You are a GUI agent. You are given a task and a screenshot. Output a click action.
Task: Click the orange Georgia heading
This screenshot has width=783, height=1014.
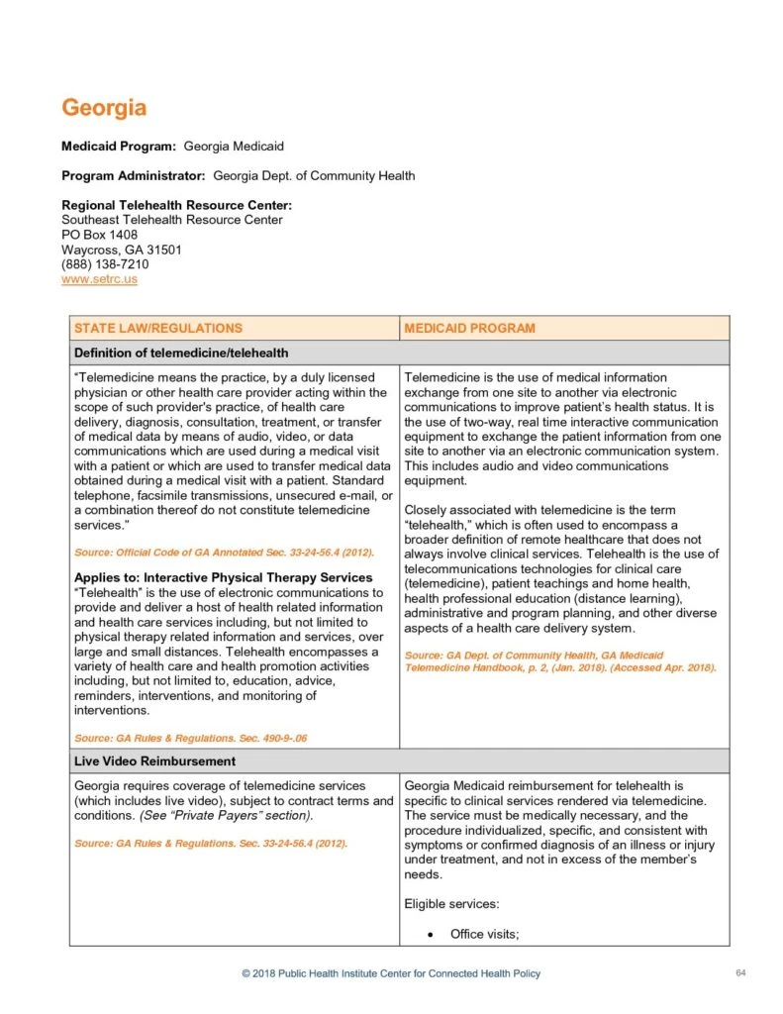point(104,107)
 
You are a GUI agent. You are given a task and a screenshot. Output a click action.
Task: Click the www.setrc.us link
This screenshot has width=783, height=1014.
point(99,280)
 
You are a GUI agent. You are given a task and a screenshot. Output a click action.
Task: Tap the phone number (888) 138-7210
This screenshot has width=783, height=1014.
point(105,264)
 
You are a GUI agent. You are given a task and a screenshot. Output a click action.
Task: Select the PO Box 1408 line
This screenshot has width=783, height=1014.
point(99,235)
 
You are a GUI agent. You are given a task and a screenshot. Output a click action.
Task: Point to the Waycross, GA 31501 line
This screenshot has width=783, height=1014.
point(121,250)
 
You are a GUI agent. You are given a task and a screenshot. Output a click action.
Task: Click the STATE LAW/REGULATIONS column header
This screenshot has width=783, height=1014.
point(158,328)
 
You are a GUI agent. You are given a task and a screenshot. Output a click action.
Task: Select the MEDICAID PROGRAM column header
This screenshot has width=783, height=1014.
point(469,328)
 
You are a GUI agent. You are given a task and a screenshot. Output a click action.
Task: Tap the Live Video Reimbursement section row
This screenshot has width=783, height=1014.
point(154,760)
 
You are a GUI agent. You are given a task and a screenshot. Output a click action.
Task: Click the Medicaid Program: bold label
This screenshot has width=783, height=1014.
point(119,147)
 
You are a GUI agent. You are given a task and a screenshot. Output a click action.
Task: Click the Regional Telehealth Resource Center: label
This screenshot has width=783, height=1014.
point(176,205)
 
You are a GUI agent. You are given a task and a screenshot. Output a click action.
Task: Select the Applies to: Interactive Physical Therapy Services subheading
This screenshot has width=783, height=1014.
point(224,577)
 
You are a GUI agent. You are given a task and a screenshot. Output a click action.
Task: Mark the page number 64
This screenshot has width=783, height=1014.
point(740,973)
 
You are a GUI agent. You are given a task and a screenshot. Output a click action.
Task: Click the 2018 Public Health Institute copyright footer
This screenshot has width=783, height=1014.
point(391,973)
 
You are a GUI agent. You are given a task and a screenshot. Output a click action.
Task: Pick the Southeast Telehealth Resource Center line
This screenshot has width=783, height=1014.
point(172,220)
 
